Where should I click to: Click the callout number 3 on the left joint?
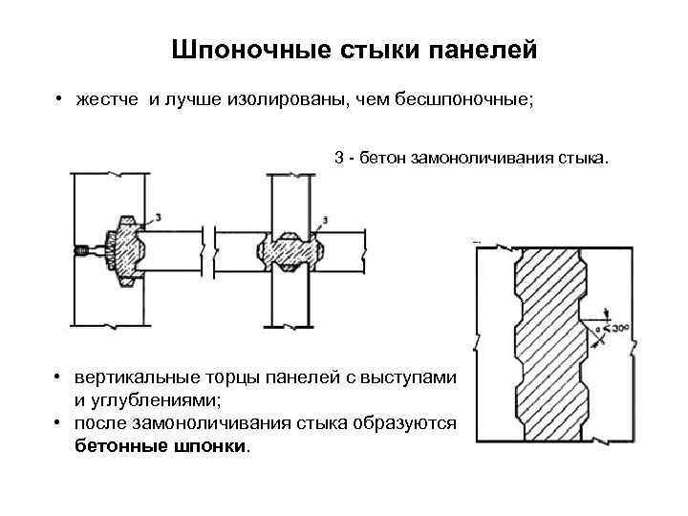(x=158, y=218)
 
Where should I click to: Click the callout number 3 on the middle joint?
(x=326, y=221)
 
